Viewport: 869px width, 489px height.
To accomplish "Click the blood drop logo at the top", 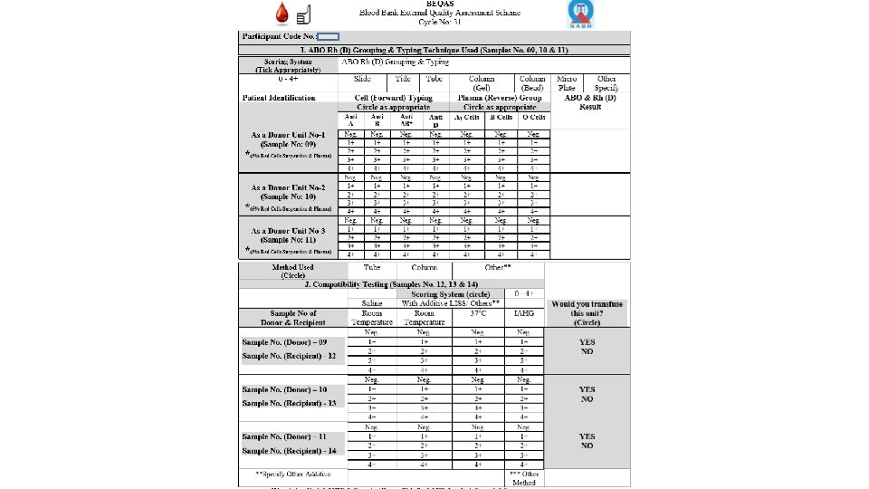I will point(282,14).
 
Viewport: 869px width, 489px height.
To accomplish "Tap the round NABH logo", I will point(580,14).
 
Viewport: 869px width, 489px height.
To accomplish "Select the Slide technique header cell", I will point(362,79).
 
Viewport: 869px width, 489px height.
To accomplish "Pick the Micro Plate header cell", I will point(568,82).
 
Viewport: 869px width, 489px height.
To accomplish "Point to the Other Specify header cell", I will point(606,82).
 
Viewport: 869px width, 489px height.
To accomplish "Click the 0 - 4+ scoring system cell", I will point(289,79).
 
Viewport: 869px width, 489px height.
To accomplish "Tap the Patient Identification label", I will point(279,97).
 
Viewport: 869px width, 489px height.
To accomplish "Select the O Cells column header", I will point(537,117).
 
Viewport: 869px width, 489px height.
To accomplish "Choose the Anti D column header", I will point(435,120).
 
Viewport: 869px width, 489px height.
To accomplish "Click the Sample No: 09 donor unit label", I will point(288,144).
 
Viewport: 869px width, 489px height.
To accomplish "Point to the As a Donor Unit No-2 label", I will point(288,187).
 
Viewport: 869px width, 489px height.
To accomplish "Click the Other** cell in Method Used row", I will point(498,267).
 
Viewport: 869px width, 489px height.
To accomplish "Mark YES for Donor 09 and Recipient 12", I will point(587,342).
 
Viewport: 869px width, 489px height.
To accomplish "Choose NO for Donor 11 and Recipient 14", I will point(587,445).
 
